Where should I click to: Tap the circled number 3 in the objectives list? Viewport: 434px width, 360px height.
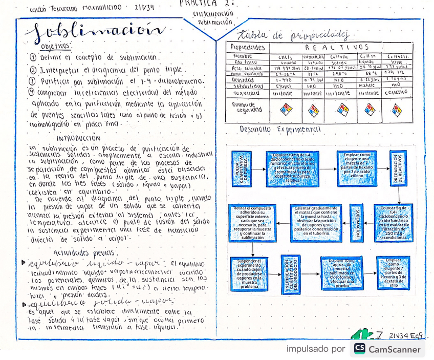click(32, 81)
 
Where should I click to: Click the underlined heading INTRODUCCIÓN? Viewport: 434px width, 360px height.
click(78, 138)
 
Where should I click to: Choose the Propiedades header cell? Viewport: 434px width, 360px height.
click(248, 47)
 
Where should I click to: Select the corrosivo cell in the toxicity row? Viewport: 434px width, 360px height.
click(396, 93)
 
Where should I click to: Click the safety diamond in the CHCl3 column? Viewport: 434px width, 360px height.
click(285, 109)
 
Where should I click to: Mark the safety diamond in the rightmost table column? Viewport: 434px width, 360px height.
click(396, 109)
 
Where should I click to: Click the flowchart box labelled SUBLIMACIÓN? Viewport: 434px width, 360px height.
click(357, 223)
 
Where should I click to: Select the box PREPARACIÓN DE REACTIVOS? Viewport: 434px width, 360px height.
click(398, 167)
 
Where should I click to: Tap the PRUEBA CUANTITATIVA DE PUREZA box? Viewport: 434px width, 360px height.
click(241, 167)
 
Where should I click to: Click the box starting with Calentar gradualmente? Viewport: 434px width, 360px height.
click(316, 223)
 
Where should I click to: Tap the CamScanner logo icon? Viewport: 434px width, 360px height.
click(359, 349)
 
